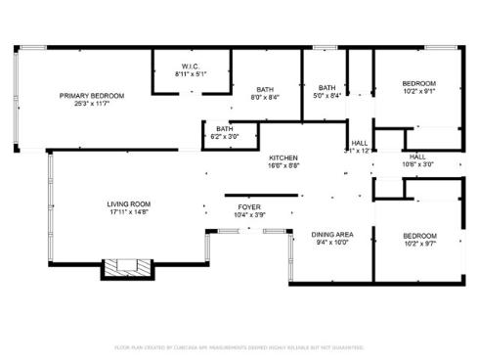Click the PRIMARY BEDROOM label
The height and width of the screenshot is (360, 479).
pos(92,95)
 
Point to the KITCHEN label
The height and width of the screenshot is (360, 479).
pos(283,158)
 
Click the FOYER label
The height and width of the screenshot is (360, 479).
pos(248,207)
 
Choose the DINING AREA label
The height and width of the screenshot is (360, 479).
pos(331,236)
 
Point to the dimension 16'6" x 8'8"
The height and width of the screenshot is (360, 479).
pos(283,166)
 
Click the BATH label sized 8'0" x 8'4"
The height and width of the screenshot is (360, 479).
pos(264,90)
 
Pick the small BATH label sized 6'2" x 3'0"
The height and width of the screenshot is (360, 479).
pos(225,128)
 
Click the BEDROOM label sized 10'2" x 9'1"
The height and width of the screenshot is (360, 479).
pos(419,83)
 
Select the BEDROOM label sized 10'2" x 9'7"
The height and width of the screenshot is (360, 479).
pos(419,236)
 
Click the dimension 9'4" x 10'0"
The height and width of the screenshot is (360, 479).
pos(331,244)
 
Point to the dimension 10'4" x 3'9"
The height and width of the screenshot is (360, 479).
pos(248,215)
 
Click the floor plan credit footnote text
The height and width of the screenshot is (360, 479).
pos(239,346)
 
